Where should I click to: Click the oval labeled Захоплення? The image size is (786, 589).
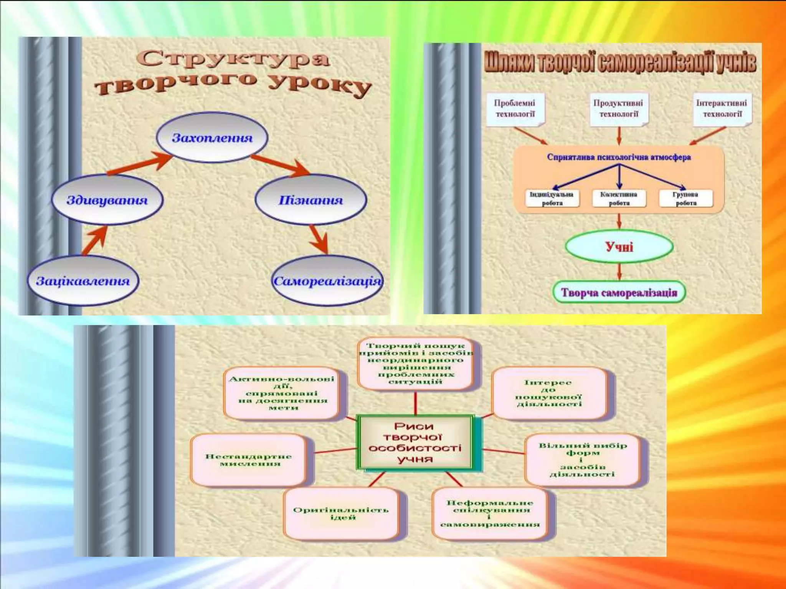[212, 138]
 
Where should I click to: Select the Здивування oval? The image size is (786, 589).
[107, 200]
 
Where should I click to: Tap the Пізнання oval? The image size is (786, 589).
[310, 200]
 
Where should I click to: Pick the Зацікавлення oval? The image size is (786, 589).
[83, 281]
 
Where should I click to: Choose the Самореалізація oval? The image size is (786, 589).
[327, 281]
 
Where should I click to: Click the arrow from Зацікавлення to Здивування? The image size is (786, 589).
[94, 240]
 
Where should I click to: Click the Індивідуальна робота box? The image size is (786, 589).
[552, 199]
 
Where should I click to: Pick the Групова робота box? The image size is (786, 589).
[686, 199]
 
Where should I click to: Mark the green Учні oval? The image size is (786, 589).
[619, 246]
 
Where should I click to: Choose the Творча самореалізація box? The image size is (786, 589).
[619, 293]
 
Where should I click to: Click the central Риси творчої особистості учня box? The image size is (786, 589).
[415, 442]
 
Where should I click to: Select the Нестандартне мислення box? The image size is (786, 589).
[248, 460]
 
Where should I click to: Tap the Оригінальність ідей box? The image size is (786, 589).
[341, 513]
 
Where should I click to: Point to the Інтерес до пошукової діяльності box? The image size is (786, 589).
[549, 393]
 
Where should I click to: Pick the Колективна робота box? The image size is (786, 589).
[619, 199]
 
